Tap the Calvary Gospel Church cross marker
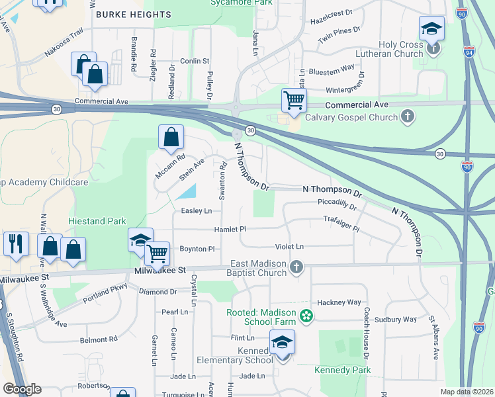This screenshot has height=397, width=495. pos(408,117)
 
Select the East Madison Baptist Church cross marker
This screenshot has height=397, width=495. pos(296,267)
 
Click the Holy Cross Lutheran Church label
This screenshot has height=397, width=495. pos(400,50)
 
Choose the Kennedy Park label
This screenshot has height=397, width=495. pos(343,370)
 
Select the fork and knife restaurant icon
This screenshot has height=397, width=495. pos(15,243)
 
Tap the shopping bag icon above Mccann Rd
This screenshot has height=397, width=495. pos(171,138)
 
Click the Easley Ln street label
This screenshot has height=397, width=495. pos(197,211)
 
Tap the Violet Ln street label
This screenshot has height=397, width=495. pos(289,247)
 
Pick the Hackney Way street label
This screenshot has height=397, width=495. pos(339,302)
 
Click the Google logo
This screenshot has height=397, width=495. pos(22,389)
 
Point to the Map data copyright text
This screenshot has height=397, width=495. pos(467,392)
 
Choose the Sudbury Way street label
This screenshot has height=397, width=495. pos(396,319)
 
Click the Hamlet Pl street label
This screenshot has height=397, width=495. pos(230,229)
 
